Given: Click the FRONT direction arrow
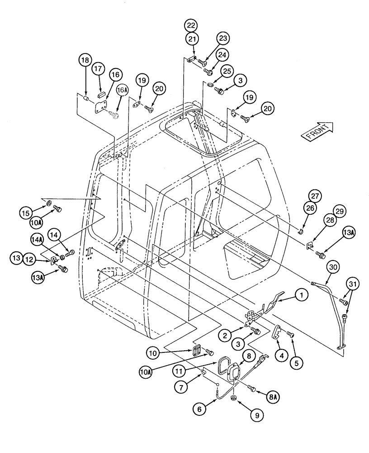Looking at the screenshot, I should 318,132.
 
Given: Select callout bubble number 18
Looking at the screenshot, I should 85,60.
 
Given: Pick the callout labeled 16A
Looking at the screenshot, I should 121,90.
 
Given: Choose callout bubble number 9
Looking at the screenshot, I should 258,414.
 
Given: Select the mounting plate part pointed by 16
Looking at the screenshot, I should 100,106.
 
